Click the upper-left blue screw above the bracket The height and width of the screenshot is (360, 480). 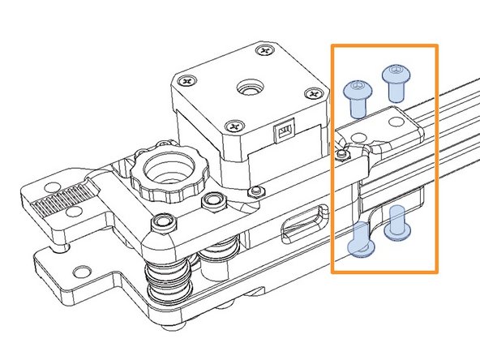pos(357,98)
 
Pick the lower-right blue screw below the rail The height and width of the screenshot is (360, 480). pos(396,224)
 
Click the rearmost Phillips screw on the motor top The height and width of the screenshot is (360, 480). pos(261,51)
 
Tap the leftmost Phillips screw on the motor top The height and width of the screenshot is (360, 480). pos(189,81)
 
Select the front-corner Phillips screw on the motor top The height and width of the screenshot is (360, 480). pos(234,126)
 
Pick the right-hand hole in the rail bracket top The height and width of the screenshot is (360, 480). pos(394,122)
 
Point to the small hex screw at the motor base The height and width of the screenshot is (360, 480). pos(257,191)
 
